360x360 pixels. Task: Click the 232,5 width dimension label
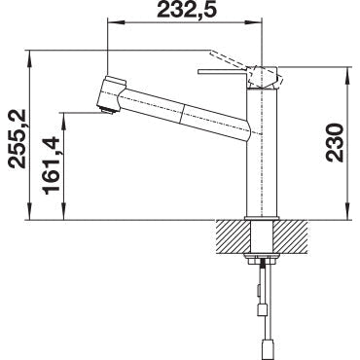[186, 11]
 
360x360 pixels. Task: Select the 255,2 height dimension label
[17, 138]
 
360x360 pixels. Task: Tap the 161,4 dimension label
[53, 165]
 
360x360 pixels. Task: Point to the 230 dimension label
[335, 142]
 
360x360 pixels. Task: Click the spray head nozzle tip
[107, 110]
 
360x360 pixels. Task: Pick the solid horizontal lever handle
[223, 72]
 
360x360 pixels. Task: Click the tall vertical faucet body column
[262, 152]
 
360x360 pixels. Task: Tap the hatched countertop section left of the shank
[234, 236]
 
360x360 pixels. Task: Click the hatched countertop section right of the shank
[292, 236]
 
